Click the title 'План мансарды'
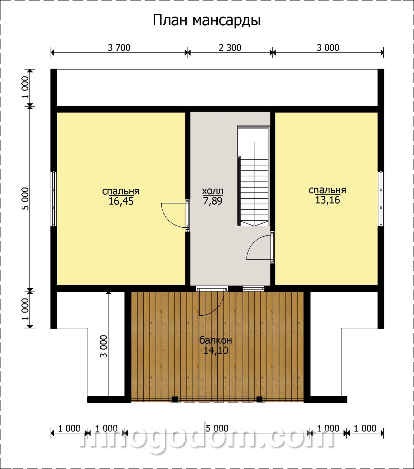[x=207, y=21]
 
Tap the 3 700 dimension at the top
[x=119, y=48]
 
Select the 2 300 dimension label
[x=230, y=48]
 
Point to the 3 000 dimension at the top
[x=328, y=48]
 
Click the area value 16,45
[x=121, y=201]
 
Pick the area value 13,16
[x=327, y=200]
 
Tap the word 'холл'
[x=212, y=191]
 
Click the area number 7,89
[x=212, y=201]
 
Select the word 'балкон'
[x=215, y=340]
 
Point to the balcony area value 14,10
[x=215, y=351]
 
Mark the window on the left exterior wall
[x=53, y=199]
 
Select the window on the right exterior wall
[x=381, y=199]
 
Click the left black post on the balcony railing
[x=175, y=399]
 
